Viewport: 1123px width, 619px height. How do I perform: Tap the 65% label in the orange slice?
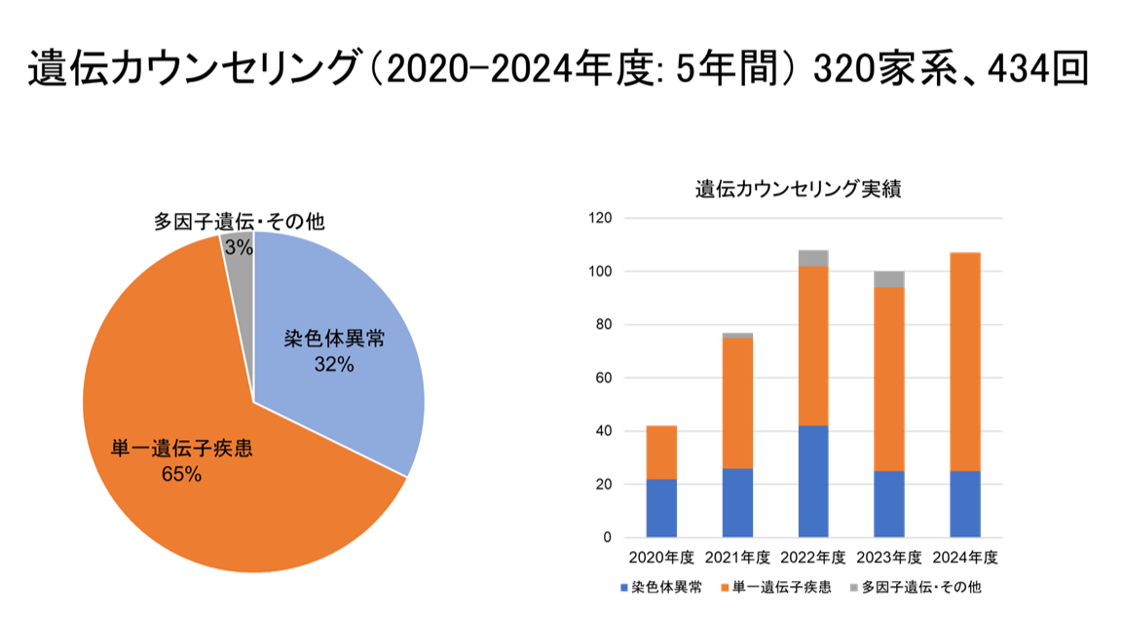tap(182, 474)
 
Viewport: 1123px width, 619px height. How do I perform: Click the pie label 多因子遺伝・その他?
tap(239, 221)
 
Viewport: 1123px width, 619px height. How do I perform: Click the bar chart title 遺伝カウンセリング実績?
tap(798, 189)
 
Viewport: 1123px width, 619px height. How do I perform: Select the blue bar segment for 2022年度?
tap(813, 481)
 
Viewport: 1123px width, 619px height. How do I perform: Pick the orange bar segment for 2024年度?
tap(964, 360)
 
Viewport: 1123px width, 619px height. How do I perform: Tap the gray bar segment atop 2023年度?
tap(888, 279)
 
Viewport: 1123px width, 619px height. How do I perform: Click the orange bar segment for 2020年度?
tap(661, 453)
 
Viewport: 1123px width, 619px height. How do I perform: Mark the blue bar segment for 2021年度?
tap(737, 502)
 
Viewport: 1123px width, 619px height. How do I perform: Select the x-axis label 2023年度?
tap(888, 558)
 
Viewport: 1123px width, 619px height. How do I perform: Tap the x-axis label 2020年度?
tap(661, 558)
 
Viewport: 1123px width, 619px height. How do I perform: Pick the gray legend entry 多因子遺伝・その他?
tap(916, 587)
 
